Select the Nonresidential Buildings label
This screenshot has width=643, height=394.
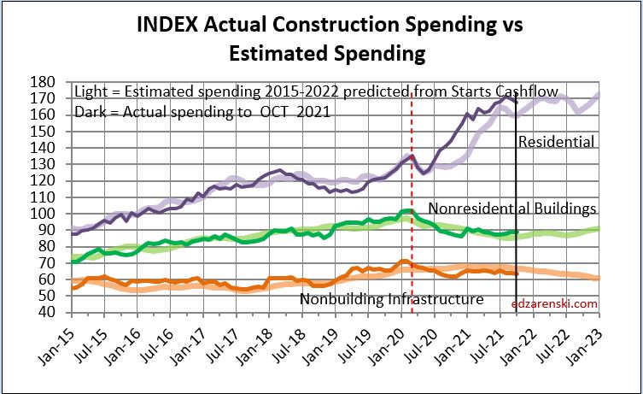[511, 208]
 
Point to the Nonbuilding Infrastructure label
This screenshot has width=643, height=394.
[391, 299]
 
